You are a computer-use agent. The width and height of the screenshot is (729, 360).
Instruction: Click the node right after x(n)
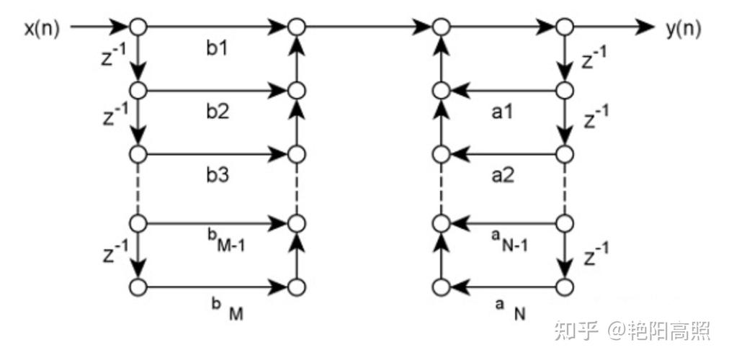pos(138,27)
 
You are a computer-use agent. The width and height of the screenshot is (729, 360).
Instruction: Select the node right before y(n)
pos(565,27)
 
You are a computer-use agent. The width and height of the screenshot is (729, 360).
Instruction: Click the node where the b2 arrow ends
pos(295,91)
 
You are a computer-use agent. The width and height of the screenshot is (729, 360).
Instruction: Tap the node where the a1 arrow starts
pos(565,91)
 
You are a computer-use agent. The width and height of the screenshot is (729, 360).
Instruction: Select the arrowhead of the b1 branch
pos(279,27)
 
